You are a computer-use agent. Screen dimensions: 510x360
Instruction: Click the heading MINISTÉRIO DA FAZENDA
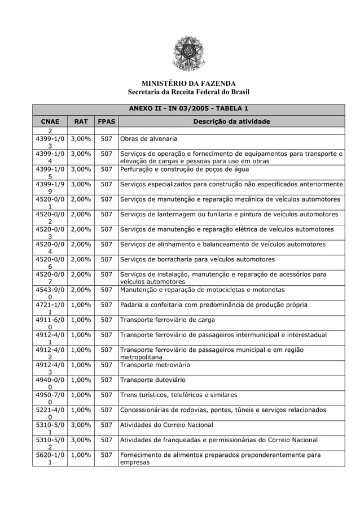pos(188,84)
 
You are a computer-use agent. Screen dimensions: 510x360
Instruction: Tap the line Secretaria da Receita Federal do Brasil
pos(188,92)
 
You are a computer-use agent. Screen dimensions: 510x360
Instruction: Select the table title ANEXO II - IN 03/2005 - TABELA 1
pos(188,108)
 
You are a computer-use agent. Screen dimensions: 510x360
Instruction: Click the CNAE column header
pos(50,121)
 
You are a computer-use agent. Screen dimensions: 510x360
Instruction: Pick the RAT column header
pos(81,121)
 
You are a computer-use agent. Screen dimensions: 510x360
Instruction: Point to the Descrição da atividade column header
pos(231,121)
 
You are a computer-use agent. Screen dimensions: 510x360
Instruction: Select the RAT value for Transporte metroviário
pos(81,365)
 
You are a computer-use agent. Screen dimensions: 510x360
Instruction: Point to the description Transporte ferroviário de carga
pos(168,320)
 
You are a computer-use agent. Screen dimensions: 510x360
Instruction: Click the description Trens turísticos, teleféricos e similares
pos(179,395)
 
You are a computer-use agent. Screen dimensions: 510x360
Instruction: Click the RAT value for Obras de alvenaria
pos(81,139)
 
